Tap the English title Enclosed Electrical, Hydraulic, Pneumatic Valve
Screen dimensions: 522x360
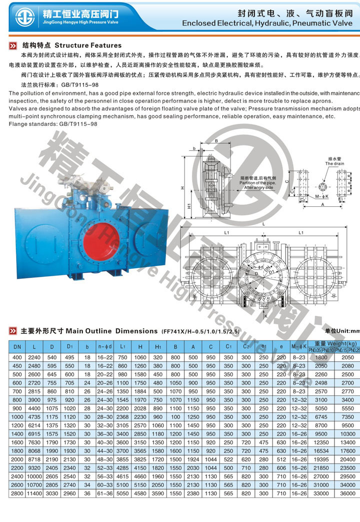(268, 23)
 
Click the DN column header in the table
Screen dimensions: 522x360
(17, 347)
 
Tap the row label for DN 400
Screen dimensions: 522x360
(17, 358)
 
